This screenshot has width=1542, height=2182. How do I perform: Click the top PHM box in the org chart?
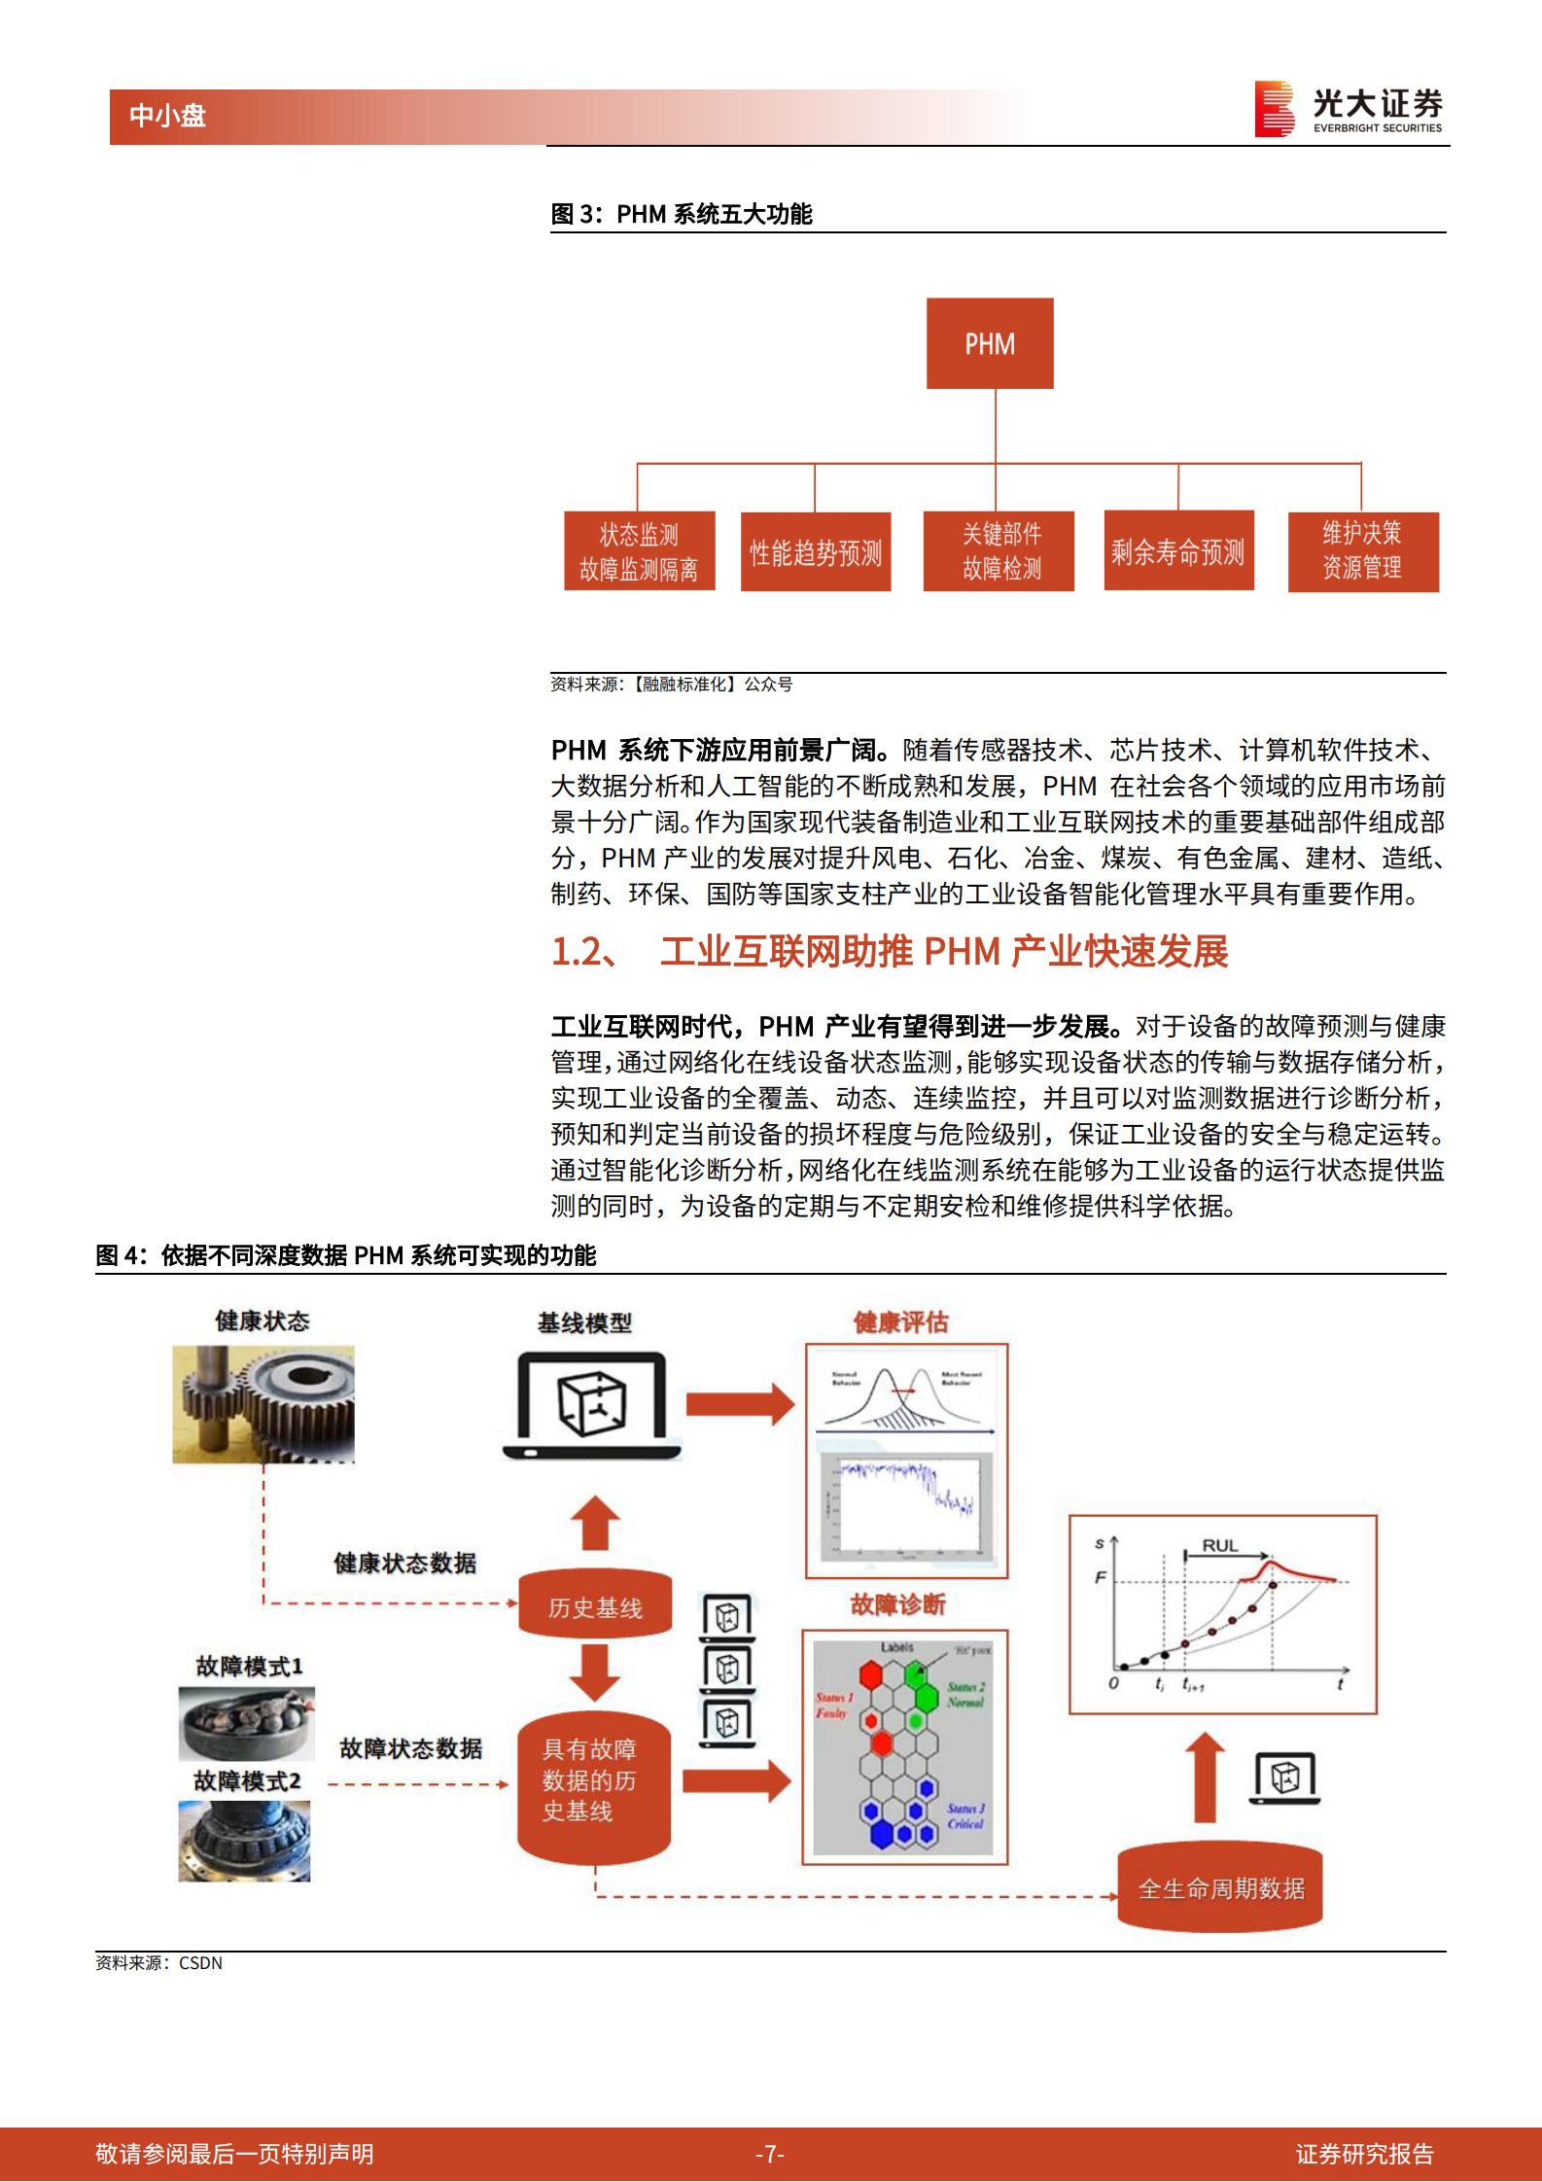(x=989, y=343)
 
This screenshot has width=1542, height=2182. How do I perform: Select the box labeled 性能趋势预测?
(x=815, y=552)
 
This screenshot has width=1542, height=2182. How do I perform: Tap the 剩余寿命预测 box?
(x=1177, y=551)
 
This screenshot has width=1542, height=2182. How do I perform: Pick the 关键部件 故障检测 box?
(x=999, y=551)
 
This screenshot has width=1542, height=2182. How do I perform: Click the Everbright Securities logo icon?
(x=1275, y=108)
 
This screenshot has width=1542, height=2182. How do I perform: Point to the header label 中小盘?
(x=167, y=117)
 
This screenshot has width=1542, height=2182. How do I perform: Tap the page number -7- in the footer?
(x=770, y=2154)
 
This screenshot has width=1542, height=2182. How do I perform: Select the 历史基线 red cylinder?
(x=594, y=1606)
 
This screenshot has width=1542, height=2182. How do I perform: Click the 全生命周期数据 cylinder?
(x=1220, y=1887)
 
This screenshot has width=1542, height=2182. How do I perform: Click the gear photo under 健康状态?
(x=263, y=1404)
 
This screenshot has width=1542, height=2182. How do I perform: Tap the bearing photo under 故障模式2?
(x=244, y=1840)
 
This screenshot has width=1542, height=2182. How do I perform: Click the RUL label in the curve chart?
(x=1219, y=1545)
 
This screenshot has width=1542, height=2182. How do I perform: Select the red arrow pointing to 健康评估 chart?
(x=740, y=1404)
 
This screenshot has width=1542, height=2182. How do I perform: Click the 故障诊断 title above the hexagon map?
(x=897, y=1604)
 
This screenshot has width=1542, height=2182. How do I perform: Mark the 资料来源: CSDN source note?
(x=159, y=1963)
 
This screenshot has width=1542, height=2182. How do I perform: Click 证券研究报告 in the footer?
(x=1363, y=2154)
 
